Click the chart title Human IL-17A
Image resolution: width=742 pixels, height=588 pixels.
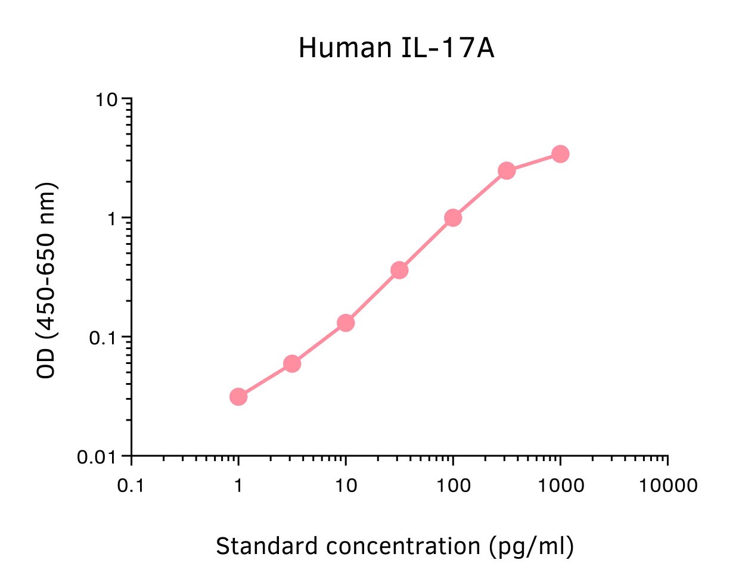pos(396,48)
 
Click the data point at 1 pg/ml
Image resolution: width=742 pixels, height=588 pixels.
pos(238,396)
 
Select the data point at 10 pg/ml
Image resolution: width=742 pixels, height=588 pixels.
pos(346,323)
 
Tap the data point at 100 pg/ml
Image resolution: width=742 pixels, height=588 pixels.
pos(453,217)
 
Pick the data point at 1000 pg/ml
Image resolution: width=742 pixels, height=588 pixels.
pos(560,154)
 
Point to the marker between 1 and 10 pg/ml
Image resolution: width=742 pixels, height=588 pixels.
pos(292,363)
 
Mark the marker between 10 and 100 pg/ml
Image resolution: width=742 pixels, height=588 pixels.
pos(399,270)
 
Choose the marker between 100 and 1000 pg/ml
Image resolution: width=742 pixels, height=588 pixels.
pos(507,171)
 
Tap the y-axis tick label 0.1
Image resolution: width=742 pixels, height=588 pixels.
pos(102,338)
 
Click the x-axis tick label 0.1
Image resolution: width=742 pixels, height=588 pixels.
pos(131,486)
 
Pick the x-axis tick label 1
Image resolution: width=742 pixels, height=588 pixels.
pos(238,486)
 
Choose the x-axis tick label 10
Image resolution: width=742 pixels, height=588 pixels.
pos(346,486)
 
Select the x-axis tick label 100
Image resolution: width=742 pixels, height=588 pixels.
pos(453,486)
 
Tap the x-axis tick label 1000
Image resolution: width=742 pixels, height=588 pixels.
pos(560,486)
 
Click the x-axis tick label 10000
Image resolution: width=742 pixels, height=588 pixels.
pos(668,486)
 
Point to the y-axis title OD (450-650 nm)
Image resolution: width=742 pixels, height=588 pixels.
pos(46,280)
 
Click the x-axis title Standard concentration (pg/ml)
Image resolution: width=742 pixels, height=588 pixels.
pos(395,546)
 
